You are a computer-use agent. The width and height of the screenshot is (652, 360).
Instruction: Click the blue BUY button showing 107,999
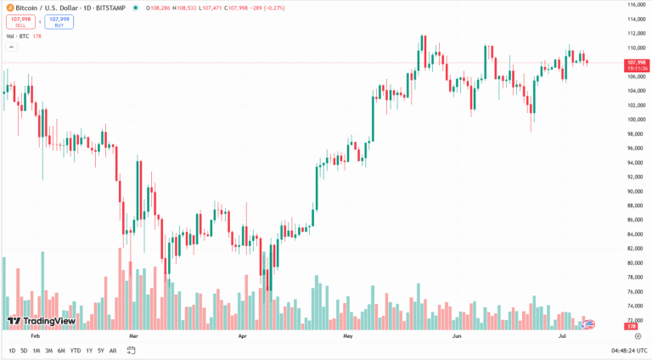coord(59,21)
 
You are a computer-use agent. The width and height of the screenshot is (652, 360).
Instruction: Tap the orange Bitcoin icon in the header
coord(8,6)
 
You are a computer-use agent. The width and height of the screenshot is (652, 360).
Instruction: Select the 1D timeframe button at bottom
coord(12,351)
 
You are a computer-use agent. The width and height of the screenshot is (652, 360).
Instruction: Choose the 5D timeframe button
coord(24,351)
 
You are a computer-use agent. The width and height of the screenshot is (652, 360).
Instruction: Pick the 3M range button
coord(48,351)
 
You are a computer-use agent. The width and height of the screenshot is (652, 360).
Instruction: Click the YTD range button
coord(76,351)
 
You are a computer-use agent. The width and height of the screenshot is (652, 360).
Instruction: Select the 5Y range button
coord(101,351)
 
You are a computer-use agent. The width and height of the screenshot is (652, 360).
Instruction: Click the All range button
coord(113,351)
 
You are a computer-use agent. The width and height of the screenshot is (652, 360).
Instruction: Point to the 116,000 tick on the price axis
coord(637,5)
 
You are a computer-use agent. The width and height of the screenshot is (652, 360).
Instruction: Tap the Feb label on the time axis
coord(35,336)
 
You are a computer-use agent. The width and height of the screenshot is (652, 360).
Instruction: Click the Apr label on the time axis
coord(243,336)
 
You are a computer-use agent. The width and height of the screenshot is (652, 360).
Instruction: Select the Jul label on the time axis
coord(562,336)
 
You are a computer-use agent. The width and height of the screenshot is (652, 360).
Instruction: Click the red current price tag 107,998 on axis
coord(637,63)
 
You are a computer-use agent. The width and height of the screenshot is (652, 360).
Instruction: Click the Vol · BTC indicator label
coord(17,37)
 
